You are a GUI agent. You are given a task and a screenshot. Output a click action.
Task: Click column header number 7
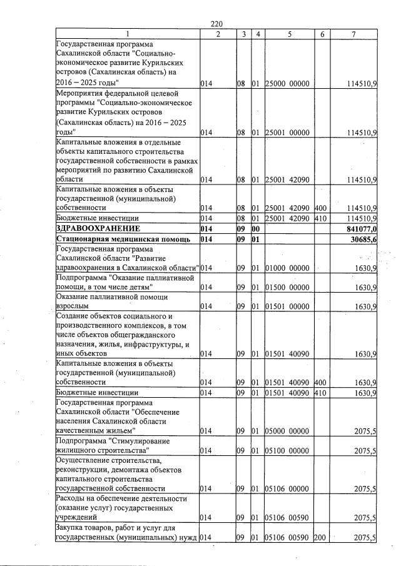click(x=354, y=34)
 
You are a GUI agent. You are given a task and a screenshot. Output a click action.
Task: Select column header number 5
click(x=290, y=34)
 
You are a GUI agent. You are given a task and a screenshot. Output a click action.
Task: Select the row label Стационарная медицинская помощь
click(x=119, y=239)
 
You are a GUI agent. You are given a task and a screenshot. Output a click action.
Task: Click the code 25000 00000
click(x=289, y=83)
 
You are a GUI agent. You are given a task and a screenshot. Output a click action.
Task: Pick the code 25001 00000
click(x=289, y=133)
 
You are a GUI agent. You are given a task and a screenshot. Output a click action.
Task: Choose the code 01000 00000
click(x=289, y=268)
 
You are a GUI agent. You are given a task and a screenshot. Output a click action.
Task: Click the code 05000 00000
click(x=289, y=432)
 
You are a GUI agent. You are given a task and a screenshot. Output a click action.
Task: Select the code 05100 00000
click(x=289, y=451)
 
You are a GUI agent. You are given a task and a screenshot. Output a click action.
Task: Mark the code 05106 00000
click(x=289, y=488)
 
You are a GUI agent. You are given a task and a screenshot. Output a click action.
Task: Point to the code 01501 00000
click(x=289, y=307)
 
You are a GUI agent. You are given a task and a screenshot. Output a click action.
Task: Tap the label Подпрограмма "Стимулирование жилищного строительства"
click(x=112, y=446)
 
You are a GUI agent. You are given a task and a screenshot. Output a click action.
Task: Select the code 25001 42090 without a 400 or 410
click(x=289, y=180)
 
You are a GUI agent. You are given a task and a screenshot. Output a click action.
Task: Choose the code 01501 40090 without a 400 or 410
click(x=289, y=354)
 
